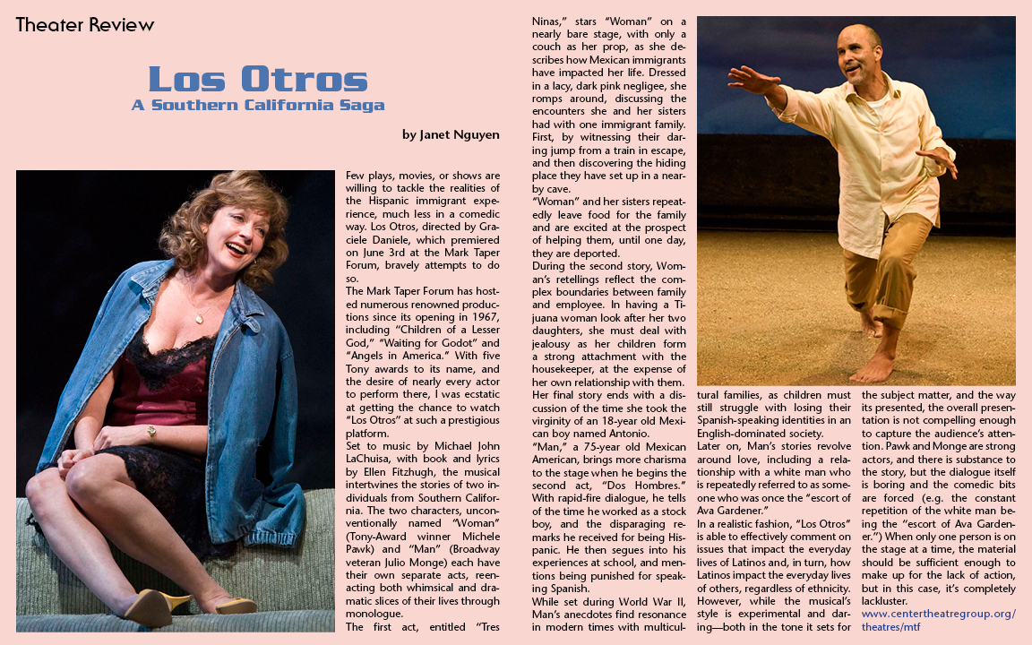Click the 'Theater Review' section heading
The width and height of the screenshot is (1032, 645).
pyautogui.click(x=85, y=24)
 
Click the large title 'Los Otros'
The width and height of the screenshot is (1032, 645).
pyautogui.click(x=258, y=79)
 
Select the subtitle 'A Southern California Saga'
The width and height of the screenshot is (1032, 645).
pyautogui.click(x=258, y=105)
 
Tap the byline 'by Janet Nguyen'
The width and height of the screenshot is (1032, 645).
pyautogui.click(x=451, y=135)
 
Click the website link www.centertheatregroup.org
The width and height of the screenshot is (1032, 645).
pyautogui.click(x=939, y=614)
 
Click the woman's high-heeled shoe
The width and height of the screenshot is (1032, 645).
pyautogui.click(x=152, y=608)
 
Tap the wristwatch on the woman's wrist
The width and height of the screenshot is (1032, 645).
pyautogui.click(x=151, y=433)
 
